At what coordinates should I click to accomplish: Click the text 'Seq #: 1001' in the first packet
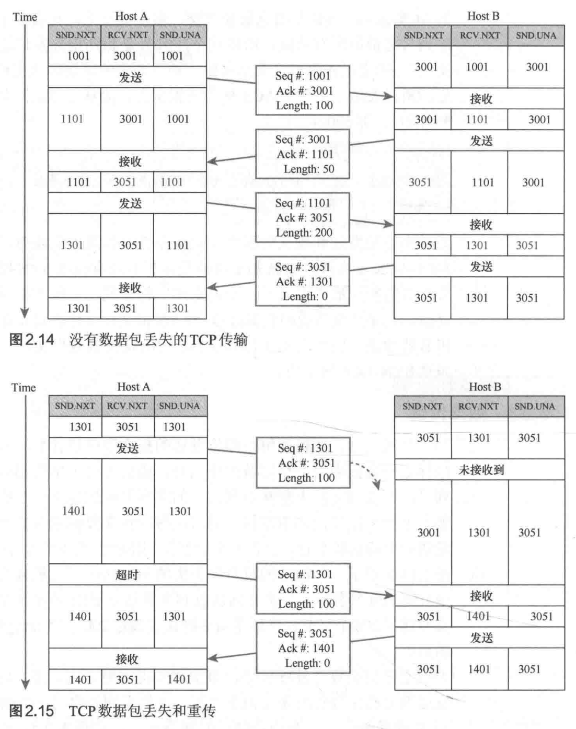pyautogui.click(x=303, y=76)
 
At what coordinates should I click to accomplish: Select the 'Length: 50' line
pyautogui.click(x=308, y=169)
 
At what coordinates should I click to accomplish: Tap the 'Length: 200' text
pyautogui.click(x=304, y=233)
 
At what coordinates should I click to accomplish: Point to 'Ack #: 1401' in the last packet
pyautogui.click(x=306, y=648)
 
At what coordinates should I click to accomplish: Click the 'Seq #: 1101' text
pyautogui.click(x=303, y=203)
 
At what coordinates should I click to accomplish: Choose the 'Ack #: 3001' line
pyautogui.click(x=304, y=90)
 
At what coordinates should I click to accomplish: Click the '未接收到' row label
pyautogui.click(x=481, y=469)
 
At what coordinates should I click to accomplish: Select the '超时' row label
pyautogui.click(x=127, y=575)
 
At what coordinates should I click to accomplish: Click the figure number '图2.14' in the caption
pyautogui.click(x=32, y=340)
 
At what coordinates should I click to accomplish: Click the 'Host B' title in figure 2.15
pyautogui.click(x=485, y=387)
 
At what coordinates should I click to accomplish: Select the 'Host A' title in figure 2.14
pyautogui.click(x=131, y=16)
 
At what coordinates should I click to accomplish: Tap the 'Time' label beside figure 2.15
pyautogui.click(x=24, y=387)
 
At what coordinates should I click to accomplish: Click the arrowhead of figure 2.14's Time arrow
pyautogui.click(x=24, y=314)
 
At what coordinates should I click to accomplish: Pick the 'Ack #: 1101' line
pyautogui.click(x=305, y=154)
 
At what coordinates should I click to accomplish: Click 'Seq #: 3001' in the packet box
pyautogui.click(x=303, y=140)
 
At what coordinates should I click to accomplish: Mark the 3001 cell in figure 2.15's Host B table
pyautogui.click(x=428, y=532)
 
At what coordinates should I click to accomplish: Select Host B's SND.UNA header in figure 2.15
pyautogui.click(x=535, y=406)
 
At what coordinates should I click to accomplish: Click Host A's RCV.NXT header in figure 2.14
pyautogui.click(x=128, y=35)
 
